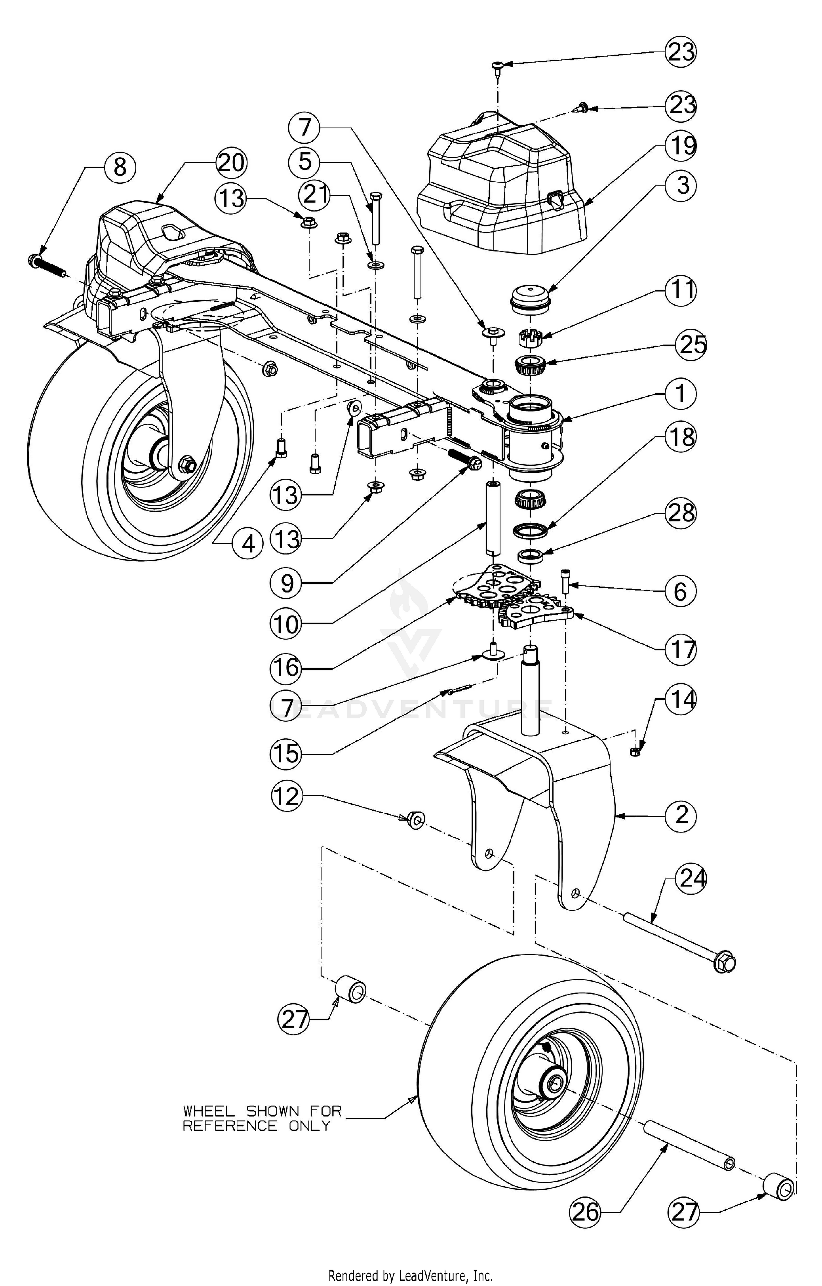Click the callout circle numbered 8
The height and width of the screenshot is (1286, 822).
pyautogui.click(x=120, y=167)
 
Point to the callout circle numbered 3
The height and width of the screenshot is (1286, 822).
pyautogui.click(x=681, y=185)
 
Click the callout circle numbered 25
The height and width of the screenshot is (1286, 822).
pyautogui.click(x=691, y=345)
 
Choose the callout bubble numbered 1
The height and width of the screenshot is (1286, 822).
pyautogui.click(x=681, y=394)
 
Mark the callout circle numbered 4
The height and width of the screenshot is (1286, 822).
pyautogui.click(x=248, y=544)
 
